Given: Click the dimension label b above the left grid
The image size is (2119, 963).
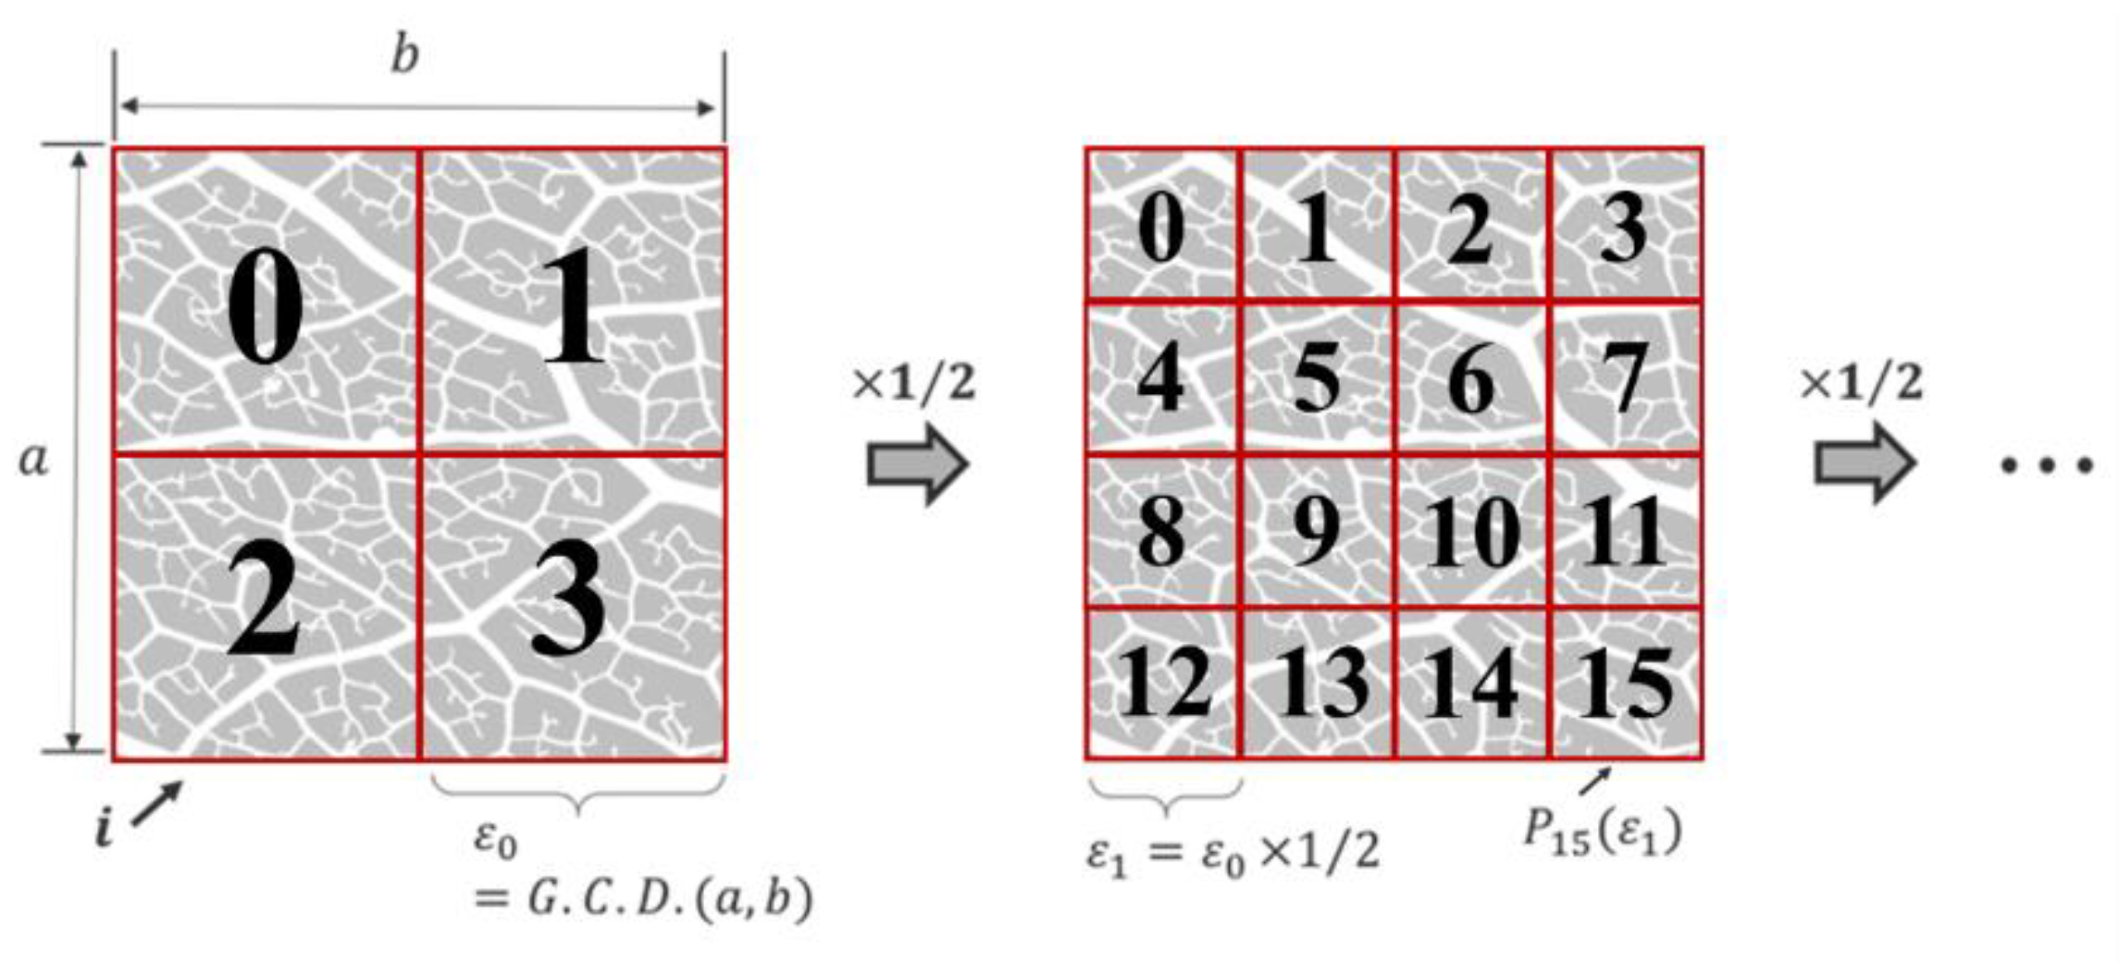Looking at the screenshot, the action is click(x=404, y=56).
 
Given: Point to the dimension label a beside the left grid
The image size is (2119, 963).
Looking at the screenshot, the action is click(x=33, y=460).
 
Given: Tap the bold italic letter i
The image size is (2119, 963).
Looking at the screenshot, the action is click(x=105, y=828).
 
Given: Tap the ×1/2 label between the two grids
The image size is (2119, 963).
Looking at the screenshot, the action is click(x=913, y=382).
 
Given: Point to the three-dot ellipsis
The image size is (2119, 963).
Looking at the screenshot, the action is click(x=2046, y=465).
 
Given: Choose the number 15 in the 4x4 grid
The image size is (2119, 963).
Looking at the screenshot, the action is click(x=1626, y=684).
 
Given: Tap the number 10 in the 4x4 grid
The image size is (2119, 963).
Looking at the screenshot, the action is click(x=1471, y=532).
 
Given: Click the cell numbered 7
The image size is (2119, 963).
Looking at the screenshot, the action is click(x=1626, y=378).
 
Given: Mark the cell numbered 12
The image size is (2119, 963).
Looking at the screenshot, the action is click(x=1163, y=684).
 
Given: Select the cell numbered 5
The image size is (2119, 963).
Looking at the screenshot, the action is click(x=1316, y=378).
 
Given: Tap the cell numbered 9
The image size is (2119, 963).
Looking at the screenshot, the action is click(x=1316, y=532).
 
